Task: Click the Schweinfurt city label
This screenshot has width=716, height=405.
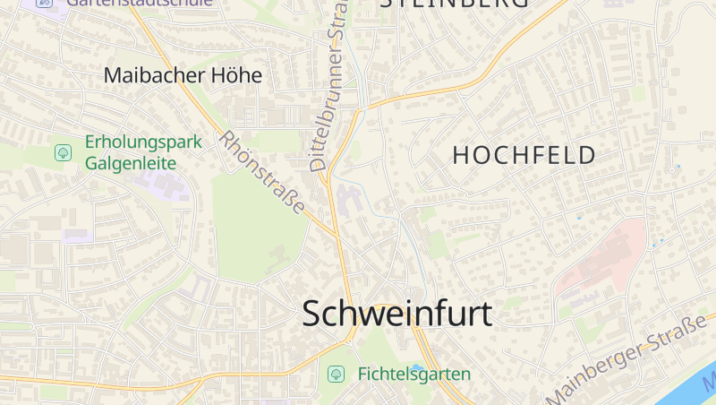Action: tap(397, 314)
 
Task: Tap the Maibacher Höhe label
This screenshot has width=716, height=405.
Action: tap(183, 75)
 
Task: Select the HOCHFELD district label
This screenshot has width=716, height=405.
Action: tap(524, 155)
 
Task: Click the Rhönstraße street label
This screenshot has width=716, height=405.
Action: tap(262, 171)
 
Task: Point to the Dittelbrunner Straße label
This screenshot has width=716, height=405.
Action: tap(328, 97)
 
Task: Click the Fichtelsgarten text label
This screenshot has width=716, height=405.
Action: tap(414, 374)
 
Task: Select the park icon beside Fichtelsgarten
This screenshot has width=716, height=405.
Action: tap(336, 374)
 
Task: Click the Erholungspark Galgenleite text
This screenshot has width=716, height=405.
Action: tap(143, 152)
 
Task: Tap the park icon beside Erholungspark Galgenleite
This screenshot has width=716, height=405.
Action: tap(64, 152)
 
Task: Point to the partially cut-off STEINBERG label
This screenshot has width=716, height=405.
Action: tap(454, 4)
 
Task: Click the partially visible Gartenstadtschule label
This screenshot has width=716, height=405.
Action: tap(140, 3)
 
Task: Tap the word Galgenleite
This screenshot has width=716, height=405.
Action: tap(131, 163)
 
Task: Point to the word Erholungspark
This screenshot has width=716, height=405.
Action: tap(143, 142)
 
